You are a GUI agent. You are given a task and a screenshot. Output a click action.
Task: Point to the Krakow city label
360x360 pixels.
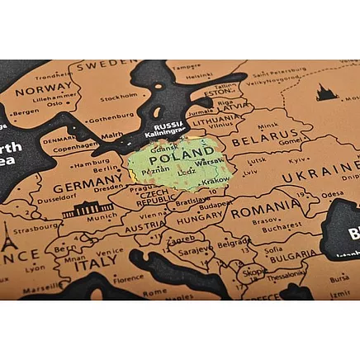216,180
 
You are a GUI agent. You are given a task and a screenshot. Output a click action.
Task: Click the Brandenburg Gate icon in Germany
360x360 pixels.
87,210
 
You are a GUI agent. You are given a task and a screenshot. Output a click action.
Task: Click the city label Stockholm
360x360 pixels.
118,97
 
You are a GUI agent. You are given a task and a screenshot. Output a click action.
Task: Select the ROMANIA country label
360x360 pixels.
265,211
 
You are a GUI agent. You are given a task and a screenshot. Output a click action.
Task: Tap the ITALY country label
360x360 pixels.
95,266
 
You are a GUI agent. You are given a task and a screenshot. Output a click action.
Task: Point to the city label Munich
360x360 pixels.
101,220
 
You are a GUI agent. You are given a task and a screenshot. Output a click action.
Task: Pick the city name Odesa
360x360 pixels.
332,194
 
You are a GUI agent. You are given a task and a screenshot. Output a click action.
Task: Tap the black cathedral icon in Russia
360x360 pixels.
327,92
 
